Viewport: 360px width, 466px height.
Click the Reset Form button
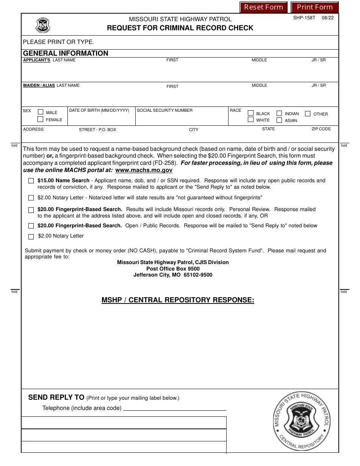[263, 7]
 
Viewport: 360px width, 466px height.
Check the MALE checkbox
[41, 112]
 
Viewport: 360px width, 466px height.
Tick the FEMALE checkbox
[41, 119]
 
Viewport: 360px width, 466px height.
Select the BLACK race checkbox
[250, 113]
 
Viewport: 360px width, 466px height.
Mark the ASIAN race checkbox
[279, 120]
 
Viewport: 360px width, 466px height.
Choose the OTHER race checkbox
[308, 113]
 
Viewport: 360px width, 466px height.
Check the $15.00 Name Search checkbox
[31, 181]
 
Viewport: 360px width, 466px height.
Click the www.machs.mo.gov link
[144, 170]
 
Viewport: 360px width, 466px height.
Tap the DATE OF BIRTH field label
[99, 111]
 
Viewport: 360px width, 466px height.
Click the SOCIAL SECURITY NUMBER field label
[164, 110]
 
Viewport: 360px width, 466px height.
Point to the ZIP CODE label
[321, 129]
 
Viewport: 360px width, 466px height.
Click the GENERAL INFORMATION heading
[66, 53]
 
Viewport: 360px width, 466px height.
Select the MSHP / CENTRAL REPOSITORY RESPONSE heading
[178, 300]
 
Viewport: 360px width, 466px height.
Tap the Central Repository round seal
[302, 421]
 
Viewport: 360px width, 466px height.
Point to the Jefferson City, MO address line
[173, 275]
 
